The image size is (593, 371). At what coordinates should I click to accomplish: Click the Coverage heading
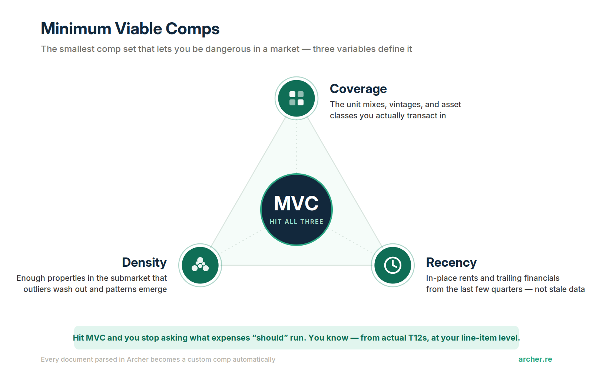click(x=358, y=89)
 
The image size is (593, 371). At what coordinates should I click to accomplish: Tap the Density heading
click(x=144, y=263)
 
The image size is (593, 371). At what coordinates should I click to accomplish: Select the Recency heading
click(x=451, y=263)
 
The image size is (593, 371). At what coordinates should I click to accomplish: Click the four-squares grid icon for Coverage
click(x=296, y=98)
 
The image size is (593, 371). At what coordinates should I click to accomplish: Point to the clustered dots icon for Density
click(x=200, y=265)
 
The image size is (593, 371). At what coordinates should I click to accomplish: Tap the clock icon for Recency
click(x=392, y=265)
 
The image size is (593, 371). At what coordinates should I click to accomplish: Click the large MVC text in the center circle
click(x=296, y=204)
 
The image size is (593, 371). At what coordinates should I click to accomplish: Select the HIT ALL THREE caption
click(x=296, y=221)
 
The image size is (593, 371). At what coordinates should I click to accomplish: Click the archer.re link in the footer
click(x=535, y=359)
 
